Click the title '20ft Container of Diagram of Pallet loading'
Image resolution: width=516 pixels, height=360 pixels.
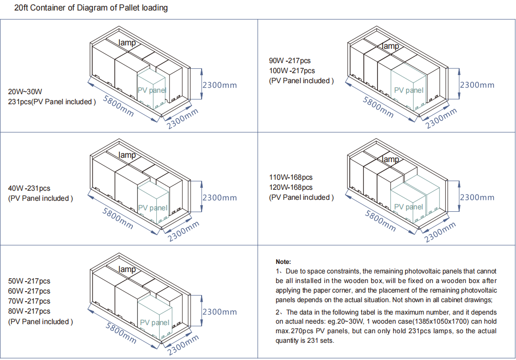pyautogui.click(x=91, y=8)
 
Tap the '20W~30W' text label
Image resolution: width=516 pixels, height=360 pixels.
pyautogui.click(x=25, y=92)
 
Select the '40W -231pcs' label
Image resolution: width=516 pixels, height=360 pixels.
pyautogui.click(x=29, y=188)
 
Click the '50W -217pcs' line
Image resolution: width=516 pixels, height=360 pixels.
pyautogui.click(x=29, y=281)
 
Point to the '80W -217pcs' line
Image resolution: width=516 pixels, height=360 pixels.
pyautogui.click(x=29, y=311)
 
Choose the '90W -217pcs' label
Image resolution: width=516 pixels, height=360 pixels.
pyautogui.click(x=290, y=61)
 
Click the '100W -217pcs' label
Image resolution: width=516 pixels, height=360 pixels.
pyautogui.click(x=292, y=71)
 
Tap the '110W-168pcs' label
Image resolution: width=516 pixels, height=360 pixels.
pyautogui.click(x=290, y=177)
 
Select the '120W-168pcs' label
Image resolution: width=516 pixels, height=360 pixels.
pyautogui.click(x=290, y=187)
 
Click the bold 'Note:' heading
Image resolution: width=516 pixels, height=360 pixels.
pyautogui.click(x=283, y=262)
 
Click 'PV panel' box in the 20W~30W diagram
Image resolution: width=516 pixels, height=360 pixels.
pyautogui.click(x=152, y=90)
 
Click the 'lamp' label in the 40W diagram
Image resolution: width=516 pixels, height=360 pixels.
pyautogui.click(x=127, y=155)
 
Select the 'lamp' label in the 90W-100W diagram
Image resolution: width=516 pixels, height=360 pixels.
pyautogui.click(x=390, y=46)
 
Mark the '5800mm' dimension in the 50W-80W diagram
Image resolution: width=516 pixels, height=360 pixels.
pyautogui.click(x=120, y=333)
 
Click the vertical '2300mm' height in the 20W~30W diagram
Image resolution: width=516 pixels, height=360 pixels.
pyautogui.click(x=219, y=85)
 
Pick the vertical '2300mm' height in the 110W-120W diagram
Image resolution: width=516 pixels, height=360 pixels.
pyautogui.click(x=477, y=197)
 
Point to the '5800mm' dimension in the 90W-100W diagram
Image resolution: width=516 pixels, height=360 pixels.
pyautogui.click(x=378, y=107)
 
